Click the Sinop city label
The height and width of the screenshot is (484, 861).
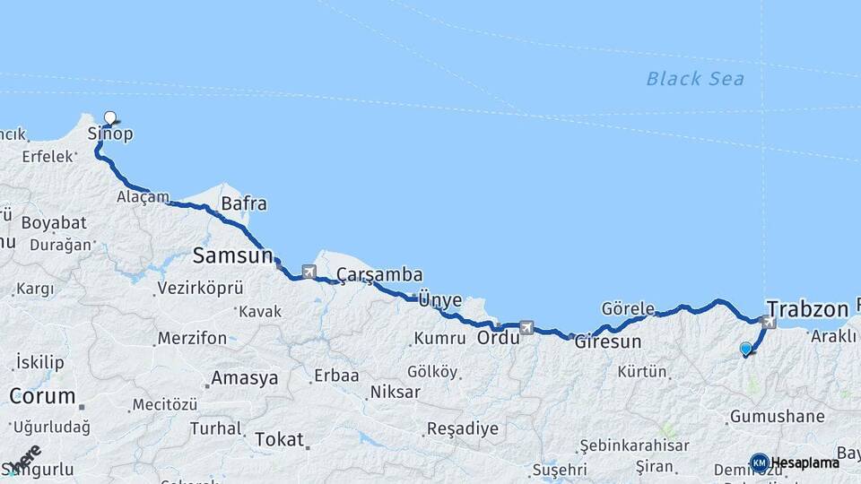pyautogui.click(x=110, y=134)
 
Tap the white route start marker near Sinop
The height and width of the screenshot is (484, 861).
pyautogui.click(x=110, y=117)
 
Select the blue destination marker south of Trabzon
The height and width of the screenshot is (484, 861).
pyautogui.click(x=745, y=349)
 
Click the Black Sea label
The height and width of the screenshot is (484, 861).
pyautogui.click(x=695, y=79)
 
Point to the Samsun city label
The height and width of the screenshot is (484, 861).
pyautogui.click(x=232, y=255)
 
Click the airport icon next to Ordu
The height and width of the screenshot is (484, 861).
pyautogui.click(x=526, y=328)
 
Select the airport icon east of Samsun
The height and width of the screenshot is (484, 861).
pyautogui.click(x=309, y=271)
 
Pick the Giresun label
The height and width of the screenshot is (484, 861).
pyautogui.click(x=608, y=341)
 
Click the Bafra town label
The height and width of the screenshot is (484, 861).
pyautogui.click(x=244, y=203)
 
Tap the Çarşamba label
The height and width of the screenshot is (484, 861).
pyautogui.click(x=379, y=274)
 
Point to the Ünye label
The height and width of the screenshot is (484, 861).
pyautogui.click(x=439, y=300)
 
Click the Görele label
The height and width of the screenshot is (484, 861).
pyautogui.click(x=628, y=307)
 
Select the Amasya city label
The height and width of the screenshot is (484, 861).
pyautogui.click(x=245, y=378)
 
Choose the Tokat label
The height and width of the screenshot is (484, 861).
pyautogui.click(x=279, y=439)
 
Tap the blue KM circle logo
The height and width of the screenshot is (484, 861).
pyautogui.click(x=760, y=462)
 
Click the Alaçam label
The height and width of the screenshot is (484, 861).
pyautogui.click(x=143, y=196)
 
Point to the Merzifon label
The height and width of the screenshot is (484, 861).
pyautogui.click(x=192, y=339)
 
